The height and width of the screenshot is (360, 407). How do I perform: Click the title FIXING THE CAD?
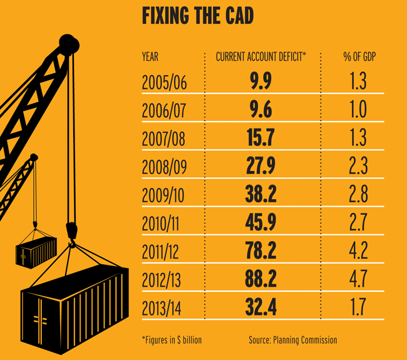click(197, 16)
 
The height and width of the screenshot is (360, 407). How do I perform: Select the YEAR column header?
click(150, 57)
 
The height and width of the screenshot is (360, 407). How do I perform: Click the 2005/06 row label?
click(166, 82)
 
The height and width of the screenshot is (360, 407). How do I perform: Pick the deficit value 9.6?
click(260, 110)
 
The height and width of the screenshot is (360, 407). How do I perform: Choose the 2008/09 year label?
click(166, 166)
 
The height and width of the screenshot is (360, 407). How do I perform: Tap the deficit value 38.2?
click(260, 194)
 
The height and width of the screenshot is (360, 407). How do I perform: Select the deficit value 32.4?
click(260, 306)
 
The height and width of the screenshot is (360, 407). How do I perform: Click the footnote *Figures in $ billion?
click(172, 340)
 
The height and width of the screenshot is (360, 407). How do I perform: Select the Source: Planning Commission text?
click(292, 340)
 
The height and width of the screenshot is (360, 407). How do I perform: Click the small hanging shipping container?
click(36, 250)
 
